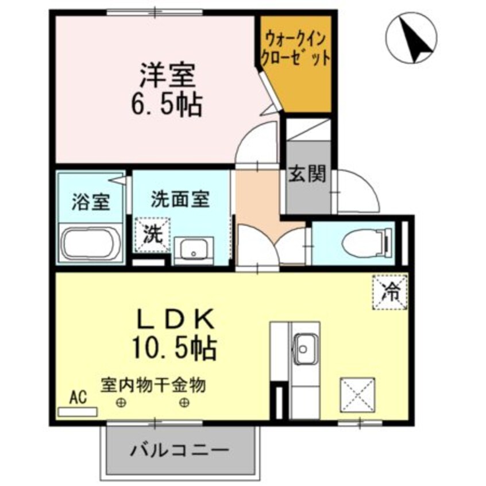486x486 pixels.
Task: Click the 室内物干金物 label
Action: point(153,384)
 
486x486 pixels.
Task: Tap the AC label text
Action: point(77,398)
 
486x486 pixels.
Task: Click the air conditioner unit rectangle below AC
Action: point(78,412)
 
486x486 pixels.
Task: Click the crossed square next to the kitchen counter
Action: point(357,395)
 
